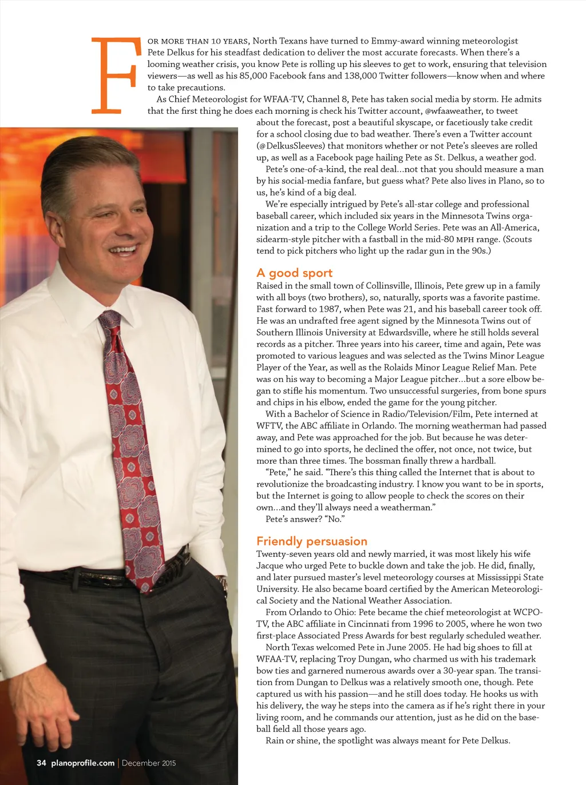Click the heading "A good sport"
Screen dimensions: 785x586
click(x=294, y=273)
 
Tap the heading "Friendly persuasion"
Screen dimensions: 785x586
click(x=311, y=541)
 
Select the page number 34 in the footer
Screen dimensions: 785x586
click(x=41, y=763)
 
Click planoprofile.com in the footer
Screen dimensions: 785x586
click(x=83, y=763)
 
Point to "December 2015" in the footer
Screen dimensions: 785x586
click(x=149, y=763)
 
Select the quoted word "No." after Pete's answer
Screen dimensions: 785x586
click(x=334, y=519)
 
